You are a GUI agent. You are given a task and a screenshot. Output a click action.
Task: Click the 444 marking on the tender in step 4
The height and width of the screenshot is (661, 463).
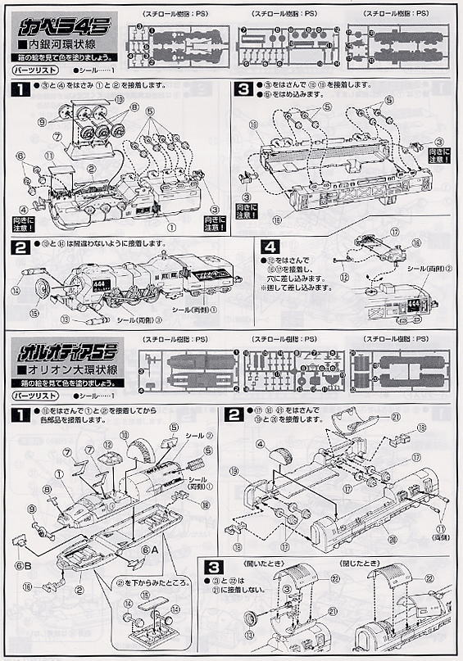coord(412,305)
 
